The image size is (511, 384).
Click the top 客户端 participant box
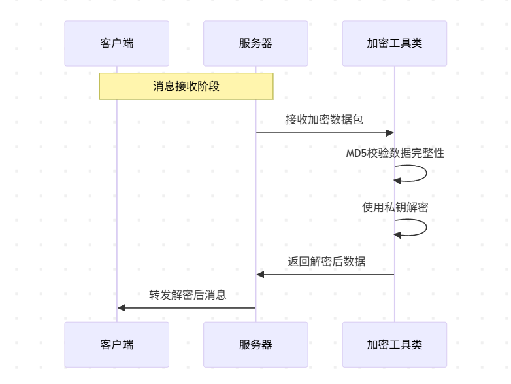click(x=117, y=43)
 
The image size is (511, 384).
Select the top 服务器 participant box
click(x=255, y=43)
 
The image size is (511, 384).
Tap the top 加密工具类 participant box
click(x=395, y=43)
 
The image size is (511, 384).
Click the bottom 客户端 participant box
click(x=117, y=344)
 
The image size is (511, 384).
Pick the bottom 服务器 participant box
click(x=255, y=344)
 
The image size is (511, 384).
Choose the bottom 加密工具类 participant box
click(x=395, y=344)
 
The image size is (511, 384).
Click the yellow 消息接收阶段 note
click(x=186, y=86)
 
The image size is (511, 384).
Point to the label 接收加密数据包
click(x=324, y=120)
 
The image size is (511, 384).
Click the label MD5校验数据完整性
click(x=395, y=154)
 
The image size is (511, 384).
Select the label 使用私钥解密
click(x=395, y=207)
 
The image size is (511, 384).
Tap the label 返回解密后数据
click(x=326, y=262)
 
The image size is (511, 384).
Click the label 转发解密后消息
click(x=188, y=295)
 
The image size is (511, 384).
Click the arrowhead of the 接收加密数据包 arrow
click(x=390, y=133)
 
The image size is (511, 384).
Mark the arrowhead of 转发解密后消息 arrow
click(x=122, y=307)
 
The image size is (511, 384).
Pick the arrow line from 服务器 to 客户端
click(x=190, y=307)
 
